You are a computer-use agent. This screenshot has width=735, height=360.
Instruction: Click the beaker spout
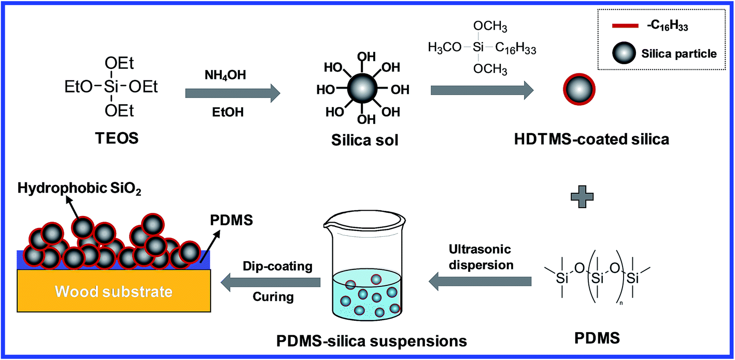click(328, 224)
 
